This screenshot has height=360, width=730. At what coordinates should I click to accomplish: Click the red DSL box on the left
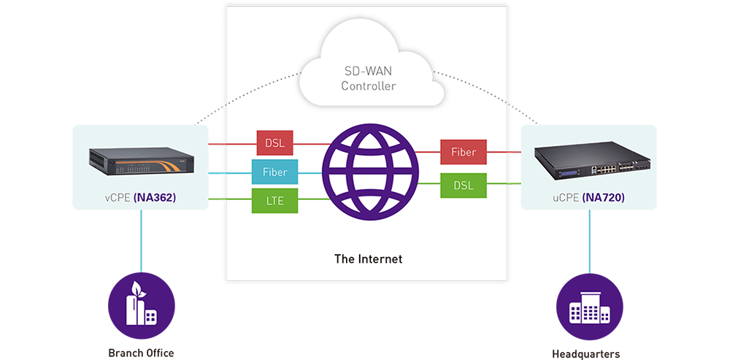pos(275,142)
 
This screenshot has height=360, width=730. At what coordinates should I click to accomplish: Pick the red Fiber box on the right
pos(464,153)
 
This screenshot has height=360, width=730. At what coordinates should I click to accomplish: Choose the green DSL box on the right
pos(464,185)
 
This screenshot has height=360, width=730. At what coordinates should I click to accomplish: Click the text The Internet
pos(368,258)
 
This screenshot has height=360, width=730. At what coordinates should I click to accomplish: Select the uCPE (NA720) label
pos(589,198)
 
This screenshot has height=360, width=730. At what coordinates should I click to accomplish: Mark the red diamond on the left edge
pos(214,142)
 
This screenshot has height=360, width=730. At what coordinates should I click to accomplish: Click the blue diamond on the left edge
pos(214,173)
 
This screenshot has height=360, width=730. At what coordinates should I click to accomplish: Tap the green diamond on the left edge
pos(214,199)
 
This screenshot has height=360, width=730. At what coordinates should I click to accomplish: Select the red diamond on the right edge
pos(518,153)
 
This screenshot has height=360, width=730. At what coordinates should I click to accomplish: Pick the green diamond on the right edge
pos(518,183)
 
